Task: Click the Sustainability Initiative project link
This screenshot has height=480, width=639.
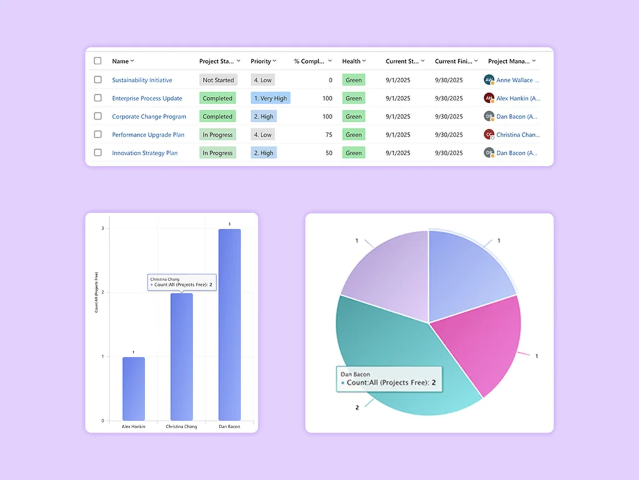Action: (142, 80)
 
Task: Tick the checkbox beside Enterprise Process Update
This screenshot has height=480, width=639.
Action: (97, 98)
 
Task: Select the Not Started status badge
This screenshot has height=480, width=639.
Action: (218, 80)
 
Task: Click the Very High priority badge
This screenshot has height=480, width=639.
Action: (270, 98)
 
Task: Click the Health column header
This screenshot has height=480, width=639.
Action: (353, 61)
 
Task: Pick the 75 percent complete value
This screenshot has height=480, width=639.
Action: (328, 135)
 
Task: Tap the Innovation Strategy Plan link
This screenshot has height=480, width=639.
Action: (145, 153)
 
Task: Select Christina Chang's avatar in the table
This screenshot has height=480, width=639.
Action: (489, 134)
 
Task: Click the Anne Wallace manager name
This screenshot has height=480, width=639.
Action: (517, 80)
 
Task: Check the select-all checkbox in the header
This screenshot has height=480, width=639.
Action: (97, 61)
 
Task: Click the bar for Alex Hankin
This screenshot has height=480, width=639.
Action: (133, 388)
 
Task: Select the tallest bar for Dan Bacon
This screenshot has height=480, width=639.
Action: (229, 325)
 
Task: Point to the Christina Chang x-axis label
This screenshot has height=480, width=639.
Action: (181, 427)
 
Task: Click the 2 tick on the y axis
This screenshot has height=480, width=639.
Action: (102, 293)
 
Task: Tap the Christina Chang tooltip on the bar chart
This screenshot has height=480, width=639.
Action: (182, 282)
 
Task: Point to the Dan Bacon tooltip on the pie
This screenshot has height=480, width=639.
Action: (389, 379)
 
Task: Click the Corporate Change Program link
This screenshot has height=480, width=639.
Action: (149, 117)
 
